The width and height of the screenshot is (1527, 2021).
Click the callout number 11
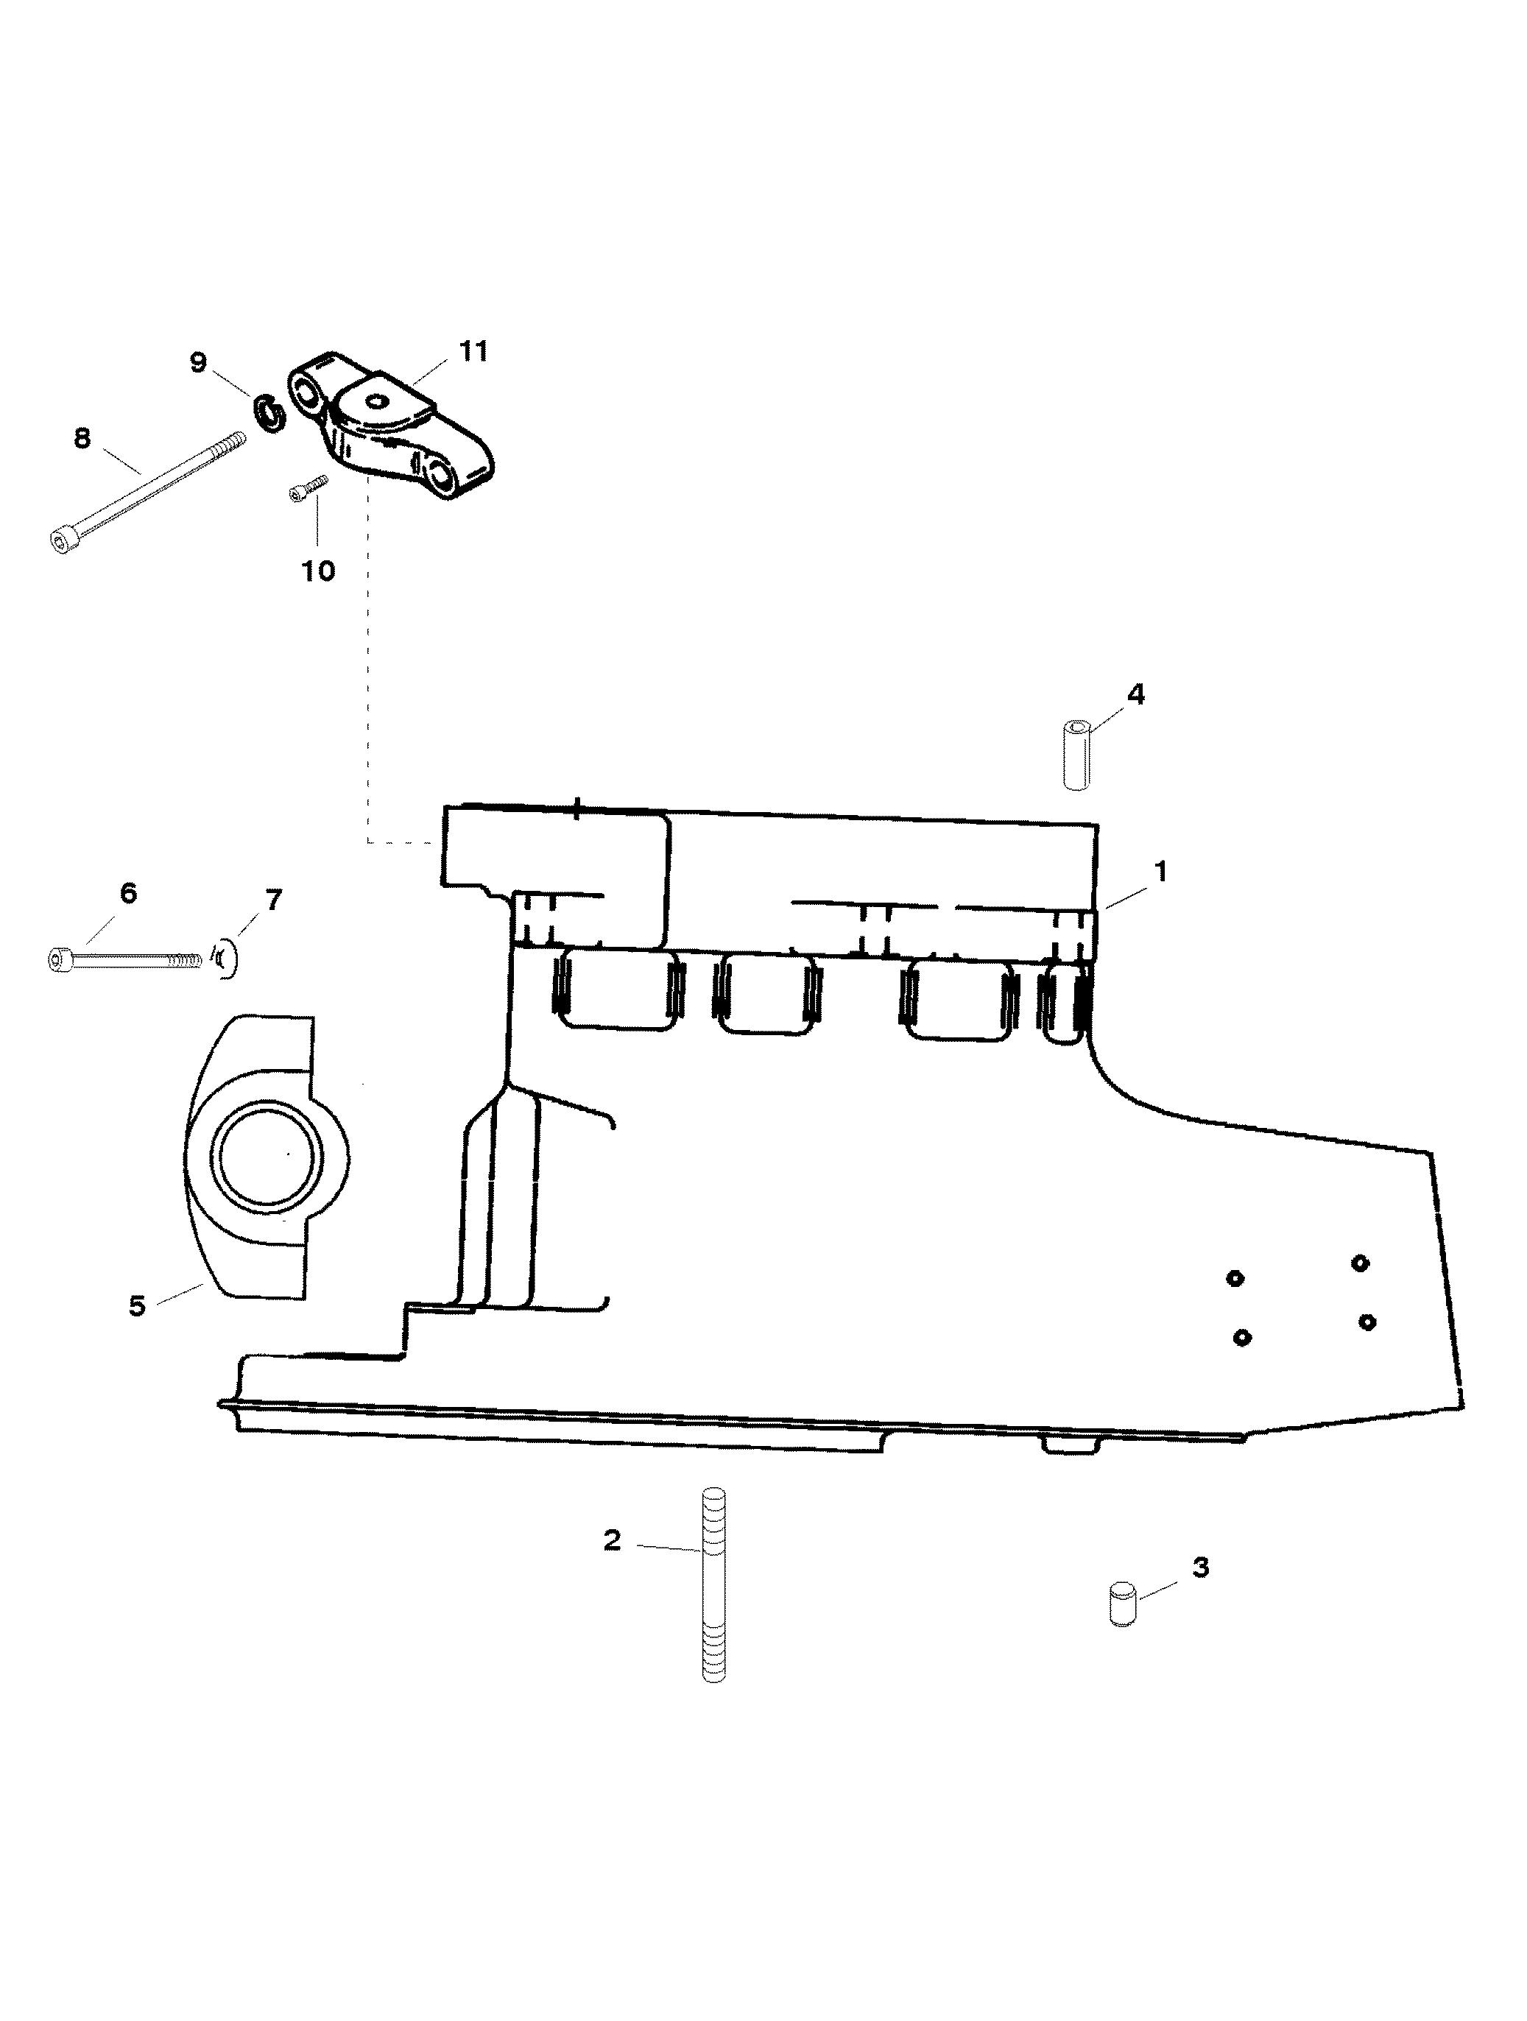tap(473, 352)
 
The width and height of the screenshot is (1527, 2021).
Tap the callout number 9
tap(198, 363)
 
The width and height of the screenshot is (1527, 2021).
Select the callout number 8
tap(82, 439)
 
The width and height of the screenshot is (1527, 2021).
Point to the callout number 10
tap(318, 571)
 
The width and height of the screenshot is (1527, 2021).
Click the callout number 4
tap(1135, 694)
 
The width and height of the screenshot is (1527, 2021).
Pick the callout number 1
tap(1160, 872)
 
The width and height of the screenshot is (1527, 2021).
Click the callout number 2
tap(613, 1540)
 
